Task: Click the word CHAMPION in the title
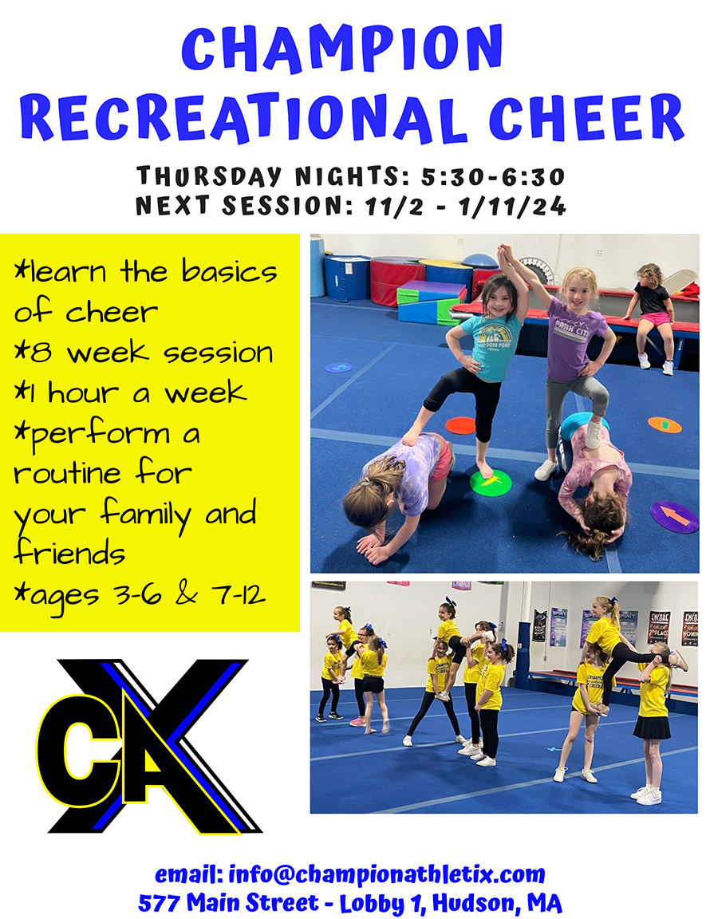pos(342,49)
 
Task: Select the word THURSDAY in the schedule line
pos(209,176)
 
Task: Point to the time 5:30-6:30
pos(493,176)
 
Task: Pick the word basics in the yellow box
pos(229,271)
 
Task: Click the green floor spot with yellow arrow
pos(491,483)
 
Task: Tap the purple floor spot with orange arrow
pos(675,516)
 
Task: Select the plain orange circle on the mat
pos(460,425)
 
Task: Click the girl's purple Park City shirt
pos(572,347)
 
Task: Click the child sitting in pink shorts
pos(652,317)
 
